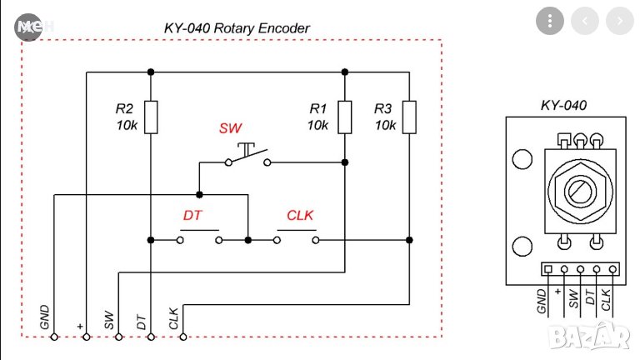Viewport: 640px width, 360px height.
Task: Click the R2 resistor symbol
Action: (x=150, y=117)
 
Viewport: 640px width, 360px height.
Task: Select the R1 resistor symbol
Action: (x=343, y=117)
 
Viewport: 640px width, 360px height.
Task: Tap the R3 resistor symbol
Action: (x=408, y=117)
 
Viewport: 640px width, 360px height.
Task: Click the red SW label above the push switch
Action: (x=230, y=129)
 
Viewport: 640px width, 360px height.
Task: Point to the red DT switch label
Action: (x=192, y=215)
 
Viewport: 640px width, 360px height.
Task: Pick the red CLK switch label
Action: (x=300, y=215)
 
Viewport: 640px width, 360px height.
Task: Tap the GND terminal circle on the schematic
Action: (x=53, y=337)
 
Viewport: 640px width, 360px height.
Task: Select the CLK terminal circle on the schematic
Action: (x=182, y=337)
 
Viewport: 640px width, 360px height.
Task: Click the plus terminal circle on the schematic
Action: (x=86, y=337)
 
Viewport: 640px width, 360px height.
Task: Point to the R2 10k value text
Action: (x=127, y=125)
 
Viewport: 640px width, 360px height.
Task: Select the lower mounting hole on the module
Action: (x=522, y=247)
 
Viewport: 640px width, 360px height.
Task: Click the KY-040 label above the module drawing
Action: (x=563, y=106)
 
